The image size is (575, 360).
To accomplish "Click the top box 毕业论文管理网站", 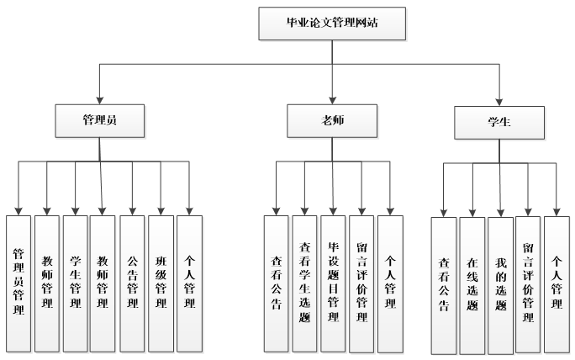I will [332, 23].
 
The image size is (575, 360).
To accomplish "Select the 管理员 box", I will [100, 119].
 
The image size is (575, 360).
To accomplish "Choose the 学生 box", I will [499, 122].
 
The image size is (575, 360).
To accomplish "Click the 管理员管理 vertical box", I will [18, 281].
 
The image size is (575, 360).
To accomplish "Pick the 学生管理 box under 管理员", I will [75, 281].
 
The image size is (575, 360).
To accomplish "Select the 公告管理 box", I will [132, 281].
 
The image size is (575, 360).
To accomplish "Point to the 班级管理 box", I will [161, 281].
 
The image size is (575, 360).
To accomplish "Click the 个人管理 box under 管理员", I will [189, 281].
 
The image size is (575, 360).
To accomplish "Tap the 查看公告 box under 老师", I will [276, 283].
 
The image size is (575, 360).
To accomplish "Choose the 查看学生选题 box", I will [304, 283].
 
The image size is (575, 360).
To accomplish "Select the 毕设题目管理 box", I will [333, 283].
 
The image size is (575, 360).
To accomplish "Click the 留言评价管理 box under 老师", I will [361, 283].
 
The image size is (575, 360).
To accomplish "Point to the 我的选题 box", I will [500, 286].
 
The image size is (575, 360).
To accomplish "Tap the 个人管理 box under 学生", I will [557, 286].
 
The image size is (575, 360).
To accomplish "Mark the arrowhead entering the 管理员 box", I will [100, 98].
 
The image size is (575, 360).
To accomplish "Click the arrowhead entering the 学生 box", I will [499, 101].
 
